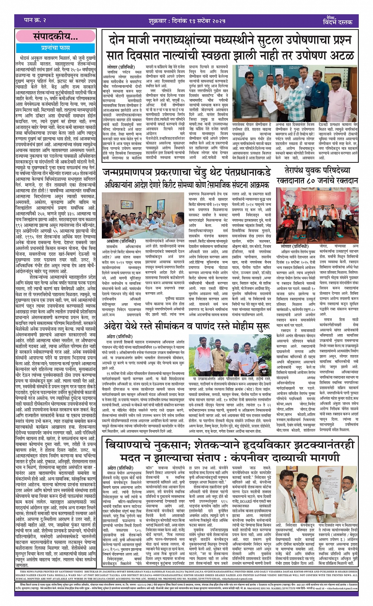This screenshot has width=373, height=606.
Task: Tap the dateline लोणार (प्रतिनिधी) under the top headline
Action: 120,67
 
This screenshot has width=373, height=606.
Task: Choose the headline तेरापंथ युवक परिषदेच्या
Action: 317,170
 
